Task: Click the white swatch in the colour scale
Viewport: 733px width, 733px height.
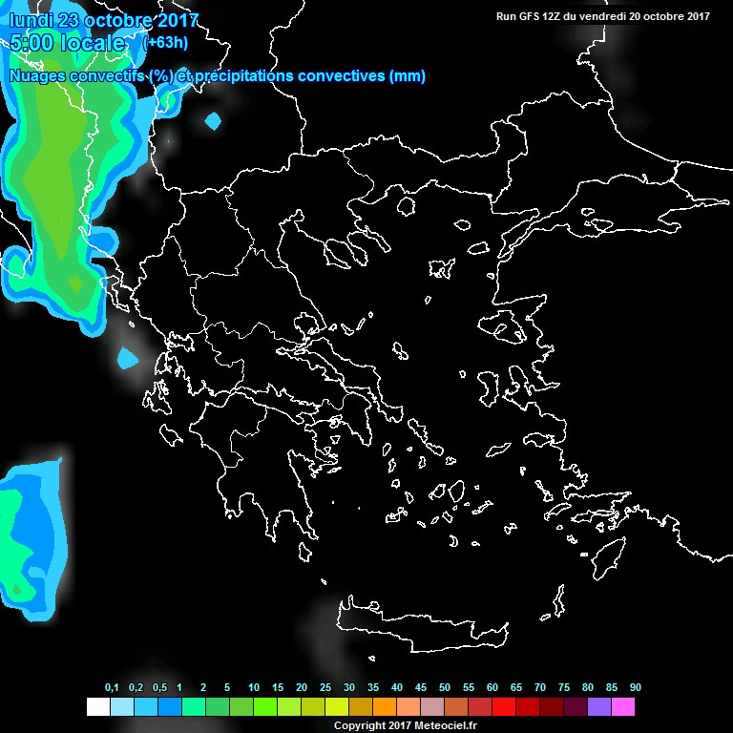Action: point(97,706)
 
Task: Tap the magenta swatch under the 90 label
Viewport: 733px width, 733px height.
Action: point(623,706)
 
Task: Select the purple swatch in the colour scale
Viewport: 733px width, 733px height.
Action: point(599,706)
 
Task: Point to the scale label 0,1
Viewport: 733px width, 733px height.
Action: point(112,688)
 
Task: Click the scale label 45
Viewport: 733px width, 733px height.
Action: point(421,688)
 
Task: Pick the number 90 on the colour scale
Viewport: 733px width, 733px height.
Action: point(635,688)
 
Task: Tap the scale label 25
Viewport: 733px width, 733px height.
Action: point(325,688)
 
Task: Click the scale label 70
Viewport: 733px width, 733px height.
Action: point(540,688)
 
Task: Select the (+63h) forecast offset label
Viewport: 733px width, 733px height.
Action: point(166,43)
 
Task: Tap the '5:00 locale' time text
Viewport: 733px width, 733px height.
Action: point(67,43)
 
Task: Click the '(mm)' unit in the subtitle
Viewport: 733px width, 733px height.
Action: point(408,76)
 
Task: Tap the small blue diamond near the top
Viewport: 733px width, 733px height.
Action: point(212,120)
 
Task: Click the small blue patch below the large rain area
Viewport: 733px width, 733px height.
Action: point(126,359)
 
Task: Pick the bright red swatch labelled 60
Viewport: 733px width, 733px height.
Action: point(504,706)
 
